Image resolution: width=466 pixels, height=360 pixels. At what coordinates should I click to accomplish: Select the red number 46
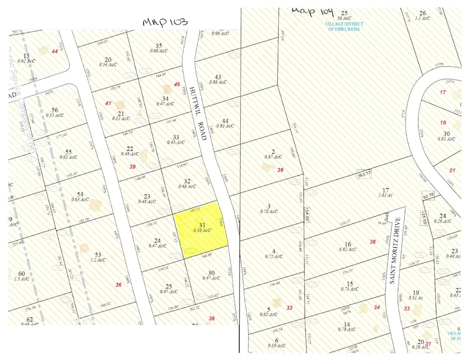pyautogui.click(x=177, y=84)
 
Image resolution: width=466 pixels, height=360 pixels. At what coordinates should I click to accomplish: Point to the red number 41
pyautogui.click(x=108, y=103)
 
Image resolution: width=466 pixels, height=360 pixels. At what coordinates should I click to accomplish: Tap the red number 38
pyautogui.click(x=372, y=242)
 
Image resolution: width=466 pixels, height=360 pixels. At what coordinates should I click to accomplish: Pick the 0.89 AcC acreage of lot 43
pyautogui.click(x=218, y=82)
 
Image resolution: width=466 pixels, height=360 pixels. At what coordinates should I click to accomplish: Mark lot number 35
pyautogui.click(x=159, y=45)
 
